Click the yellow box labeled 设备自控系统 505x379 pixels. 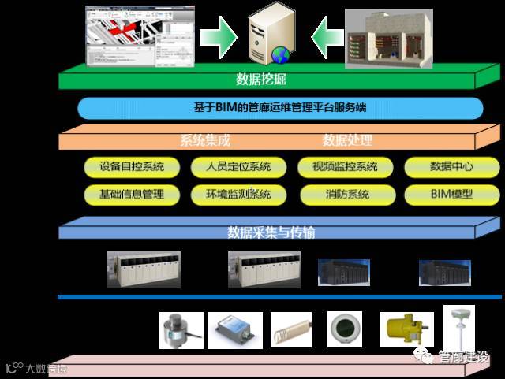coord(132,167)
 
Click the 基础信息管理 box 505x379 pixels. coord(132,194)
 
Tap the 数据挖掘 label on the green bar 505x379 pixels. coord(261,79)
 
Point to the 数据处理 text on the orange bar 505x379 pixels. coord(347,141)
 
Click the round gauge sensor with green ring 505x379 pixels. coord(346,329)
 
